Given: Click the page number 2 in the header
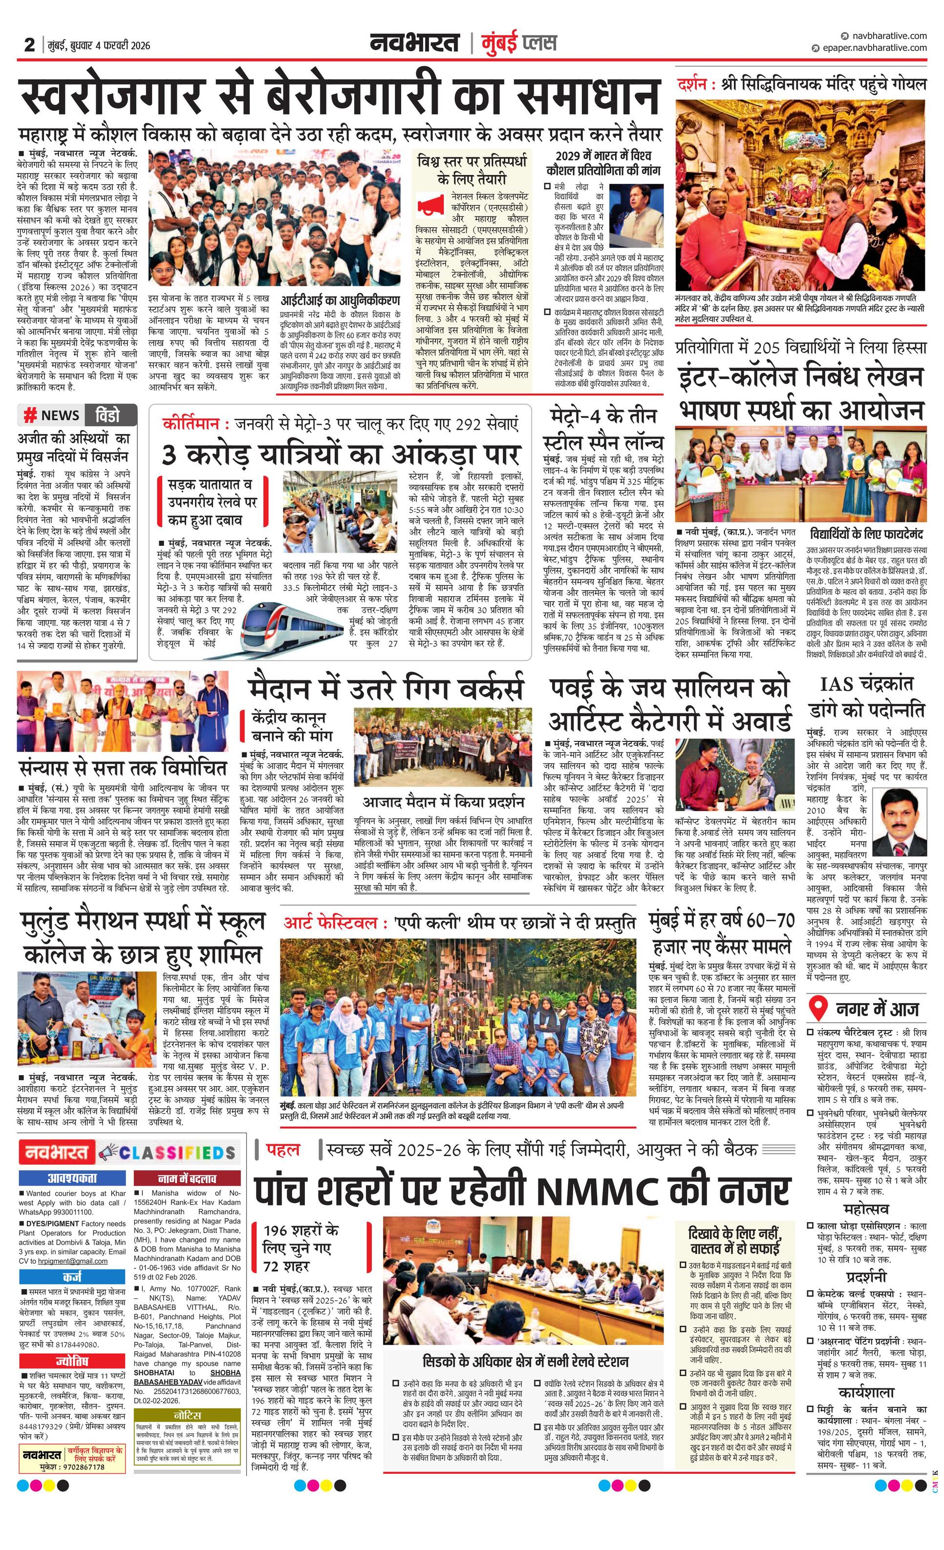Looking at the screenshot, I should tap(29, 44).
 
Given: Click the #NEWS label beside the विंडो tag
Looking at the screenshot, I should tap(52, 415).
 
